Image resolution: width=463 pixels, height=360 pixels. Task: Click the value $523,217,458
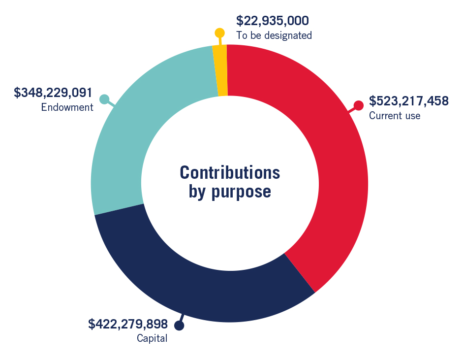coord(409,101)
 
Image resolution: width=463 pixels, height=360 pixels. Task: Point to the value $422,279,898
coord(127,324)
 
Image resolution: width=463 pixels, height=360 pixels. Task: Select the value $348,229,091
coord(53,93)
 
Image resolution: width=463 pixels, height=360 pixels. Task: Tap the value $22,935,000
coord(272,21)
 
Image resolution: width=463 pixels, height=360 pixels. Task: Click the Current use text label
coord(395,116)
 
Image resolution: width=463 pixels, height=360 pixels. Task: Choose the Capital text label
coord(152,338)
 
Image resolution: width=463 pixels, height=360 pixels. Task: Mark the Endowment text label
coord(67,107)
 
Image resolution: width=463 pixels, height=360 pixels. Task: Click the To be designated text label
coord(274,35)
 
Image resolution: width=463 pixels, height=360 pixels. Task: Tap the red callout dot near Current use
coord(359,105)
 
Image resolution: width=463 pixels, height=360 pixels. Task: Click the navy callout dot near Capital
coord(179,326)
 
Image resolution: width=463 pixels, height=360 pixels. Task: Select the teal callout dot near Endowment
coord(104,99)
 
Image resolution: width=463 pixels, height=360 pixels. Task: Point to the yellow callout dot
coord(219,33)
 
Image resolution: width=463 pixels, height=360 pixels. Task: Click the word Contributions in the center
coord(230,173)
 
